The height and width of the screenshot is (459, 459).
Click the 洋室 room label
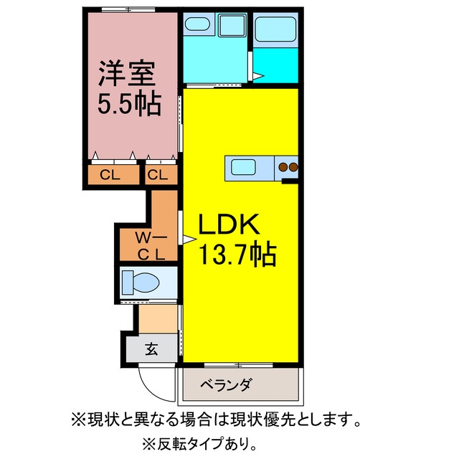tap(127, 73)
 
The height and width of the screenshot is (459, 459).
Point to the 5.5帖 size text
tap(129, 105)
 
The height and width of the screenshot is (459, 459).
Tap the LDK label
tap(229, 224)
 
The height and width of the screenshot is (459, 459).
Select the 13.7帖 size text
tap(237, 254)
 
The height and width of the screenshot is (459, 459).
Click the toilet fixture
tap(141, 283)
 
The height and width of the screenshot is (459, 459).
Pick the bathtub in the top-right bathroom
tap(275, 29)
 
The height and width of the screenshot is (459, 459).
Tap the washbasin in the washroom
tap(197, 24)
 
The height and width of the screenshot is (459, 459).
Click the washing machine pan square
tap(232, 25)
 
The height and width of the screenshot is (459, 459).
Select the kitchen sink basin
tap(243, 167)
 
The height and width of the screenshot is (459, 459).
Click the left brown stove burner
tap(283, 167)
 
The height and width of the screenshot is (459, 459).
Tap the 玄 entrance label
tap(151, 349)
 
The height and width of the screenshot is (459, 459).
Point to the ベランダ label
tap(226, 385)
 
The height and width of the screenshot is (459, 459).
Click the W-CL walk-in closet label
tap(151, 246)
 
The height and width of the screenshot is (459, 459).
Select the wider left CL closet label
tap(110, 175)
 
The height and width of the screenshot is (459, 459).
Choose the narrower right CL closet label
tap(158, 175)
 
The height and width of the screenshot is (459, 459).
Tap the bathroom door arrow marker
tap(258, 76)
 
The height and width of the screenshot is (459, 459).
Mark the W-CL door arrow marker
tap(189, 240)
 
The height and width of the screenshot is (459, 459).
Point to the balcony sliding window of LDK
tap(239, 365)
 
